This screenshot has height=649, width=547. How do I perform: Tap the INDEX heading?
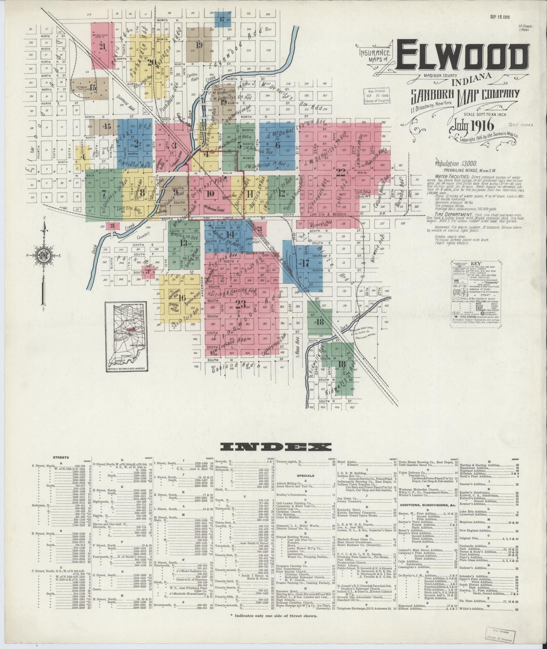click(x=275, y=447)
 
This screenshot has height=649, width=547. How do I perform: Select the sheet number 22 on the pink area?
click(x=341, y=172)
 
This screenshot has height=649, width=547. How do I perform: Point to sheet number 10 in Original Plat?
click(x=211, y=194)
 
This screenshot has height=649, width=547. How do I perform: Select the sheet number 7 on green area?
click(x=103, y=193)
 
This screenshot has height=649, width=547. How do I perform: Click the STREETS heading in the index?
click(x=61, y=457)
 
